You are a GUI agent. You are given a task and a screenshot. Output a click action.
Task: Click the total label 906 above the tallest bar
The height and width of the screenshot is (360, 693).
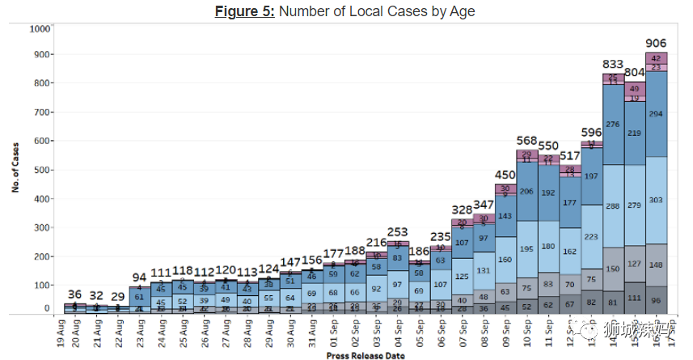point(656,43)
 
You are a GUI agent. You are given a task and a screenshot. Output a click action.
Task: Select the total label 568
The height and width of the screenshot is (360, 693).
point(526,140)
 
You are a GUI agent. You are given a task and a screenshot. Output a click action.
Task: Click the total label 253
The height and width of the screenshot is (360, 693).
point(398,232)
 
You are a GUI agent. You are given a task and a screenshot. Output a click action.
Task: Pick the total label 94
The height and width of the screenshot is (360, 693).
point(140,277)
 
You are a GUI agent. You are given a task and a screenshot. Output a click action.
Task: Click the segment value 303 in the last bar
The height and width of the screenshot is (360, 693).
point(656,200)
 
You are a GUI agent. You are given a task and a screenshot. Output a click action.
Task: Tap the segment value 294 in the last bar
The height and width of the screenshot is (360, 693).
point(656,114)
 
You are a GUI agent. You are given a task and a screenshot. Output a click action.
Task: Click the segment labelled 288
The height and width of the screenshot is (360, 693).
point(612,206)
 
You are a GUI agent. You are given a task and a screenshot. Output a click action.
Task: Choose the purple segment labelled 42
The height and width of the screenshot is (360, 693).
point(656,58)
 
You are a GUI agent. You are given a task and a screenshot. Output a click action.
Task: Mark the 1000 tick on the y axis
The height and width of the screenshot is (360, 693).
point(40,29)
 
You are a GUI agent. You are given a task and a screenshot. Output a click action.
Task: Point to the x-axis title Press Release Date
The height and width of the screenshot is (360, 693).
point(365,355)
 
